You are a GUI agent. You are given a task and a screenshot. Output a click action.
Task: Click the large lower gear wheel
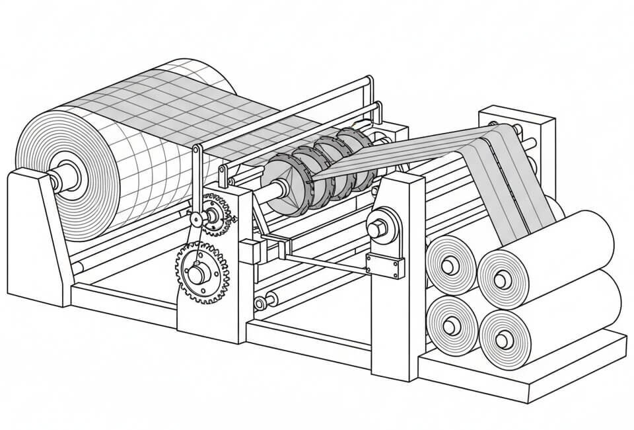tap(201, 272)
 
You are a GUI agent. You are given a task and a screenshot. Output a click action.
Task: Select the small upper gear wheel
tap(215, 213)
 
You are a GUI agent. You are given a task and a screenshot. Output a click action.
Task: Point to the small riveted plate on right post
tap(386, 267)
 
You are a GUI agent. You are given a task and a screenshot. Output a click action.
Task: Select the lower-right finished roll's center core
tap(505, 339)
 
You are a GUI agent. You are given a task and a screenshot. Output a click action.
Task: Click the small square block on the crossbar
tap(249, 252)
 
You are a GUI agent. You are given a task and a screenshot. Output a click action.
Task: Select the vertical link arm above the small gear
tap(196, 182)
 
